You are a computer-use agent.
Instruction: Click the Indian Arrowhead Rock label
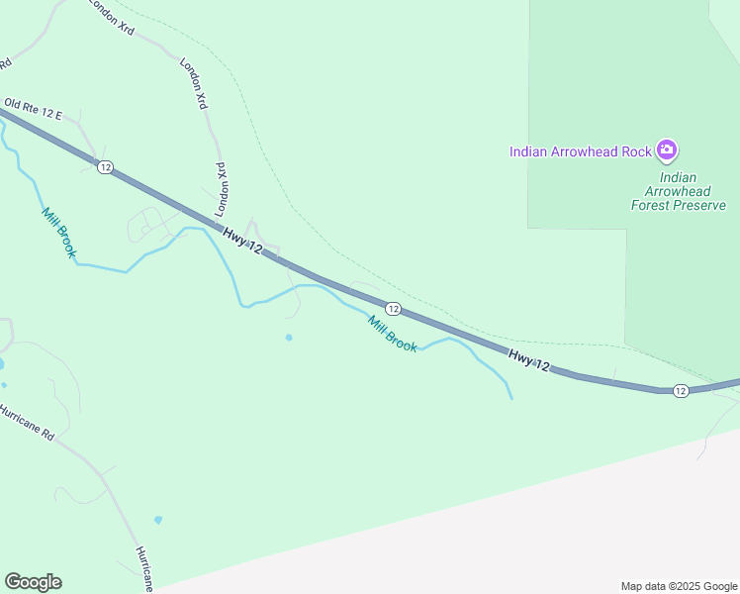[x=580, y=151]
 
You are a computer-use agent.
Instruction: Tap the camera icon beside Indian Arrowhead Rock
[x=668, y=150]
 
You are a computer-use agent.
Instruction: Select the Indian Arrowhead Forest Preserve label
[x=679, y=191]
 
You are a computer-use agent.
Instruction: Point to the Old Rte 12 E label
[x=33, y=109]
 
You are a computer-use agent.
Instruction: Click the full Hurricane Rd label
[x=27, y=423]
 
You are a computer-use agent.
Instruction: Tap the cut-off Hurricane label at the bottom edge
[x=144, y=568]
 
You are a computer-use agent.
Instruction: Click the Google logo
[x=33, y=582]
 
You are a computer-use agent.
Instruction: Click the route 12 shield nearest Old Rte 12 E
[x=105, y=166]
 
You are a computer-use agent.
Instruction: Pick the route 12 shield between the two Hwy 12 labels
[x=393, y=309]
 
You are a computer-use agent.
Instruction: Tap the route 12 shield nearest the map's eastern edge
[x=680, y=391]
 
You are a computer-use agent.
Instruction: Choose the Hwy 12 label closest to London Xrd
[x=241, y=242]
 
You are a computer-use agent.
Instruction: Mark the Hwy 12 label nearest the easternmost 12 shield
[x=528, y=359]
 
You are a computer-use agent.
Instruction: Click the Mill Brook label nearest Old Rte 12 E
[x=58, y=233]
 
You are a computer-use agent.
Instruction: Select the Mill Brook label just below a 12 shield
[x=392, y=333]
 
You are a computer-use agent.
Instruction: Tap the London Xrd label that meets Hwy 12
[x=222, y=189]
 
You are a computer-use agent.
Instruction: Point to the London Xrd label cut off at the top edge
[x=112, y=17]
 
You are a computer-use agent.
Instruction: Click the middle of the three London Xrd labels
[x=193, y=82]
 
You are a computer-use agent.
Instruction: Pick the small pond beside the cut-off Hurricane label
[x=158, y=519]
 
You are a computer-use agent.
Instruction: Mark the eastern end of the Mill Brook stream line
[x=511, y=398]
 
